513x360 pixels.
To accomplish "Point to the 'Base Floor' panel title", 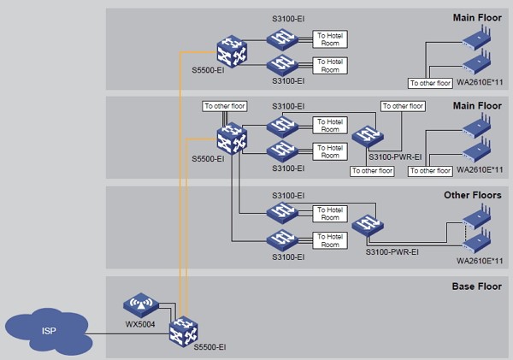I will pyautogui.click(x=475, y=285).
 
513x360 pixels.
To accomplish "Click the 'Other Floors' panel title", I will pyautogui.click(x=471, y=195).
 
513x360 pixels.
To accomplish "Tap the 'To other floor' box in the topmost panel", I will pyautogui.click(x=428, y=83).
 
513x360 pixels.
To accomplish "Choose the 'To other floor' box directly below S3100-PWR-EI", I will pyautogui.click(x=371, y=171).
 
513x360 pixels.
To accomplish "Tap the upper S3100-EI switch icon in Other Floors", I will pyautogui.click(x=282, y=212).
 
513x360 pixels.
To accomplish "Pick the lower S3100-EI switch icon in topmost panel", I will pyautogui.click(x=282, y=64).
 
